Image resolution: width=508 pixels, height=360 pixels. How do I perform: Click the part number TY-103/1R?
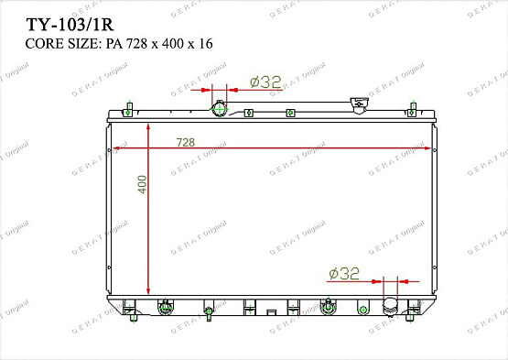pos(70,25)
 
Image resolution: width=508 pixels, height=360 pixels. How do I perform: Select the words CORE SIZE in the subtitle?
pos(61,43)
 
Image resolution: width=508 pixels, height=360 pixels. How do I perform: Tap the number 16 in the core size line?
pos(206,43)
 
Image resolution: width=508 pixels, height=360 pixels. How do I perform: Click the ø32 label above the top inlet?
pos(265,82)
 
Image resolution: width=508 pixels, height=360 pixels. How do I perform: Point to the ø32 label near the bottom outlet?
pos(344,273)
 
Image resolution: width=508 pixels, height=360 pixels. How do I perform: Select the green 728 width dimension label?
pos(185,142)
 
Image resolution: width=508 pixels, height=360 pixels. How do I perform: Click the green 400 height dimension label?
pos(142,184)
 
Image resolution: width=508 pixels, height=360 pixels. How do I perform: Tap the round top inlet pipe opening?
pos(220,109)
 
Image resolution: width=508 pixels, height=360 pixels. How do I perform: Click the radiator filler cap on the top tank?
pos(360,105)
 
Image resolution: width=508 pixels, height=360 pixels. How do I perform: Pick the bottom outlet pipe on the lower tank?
pos(390,306)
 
